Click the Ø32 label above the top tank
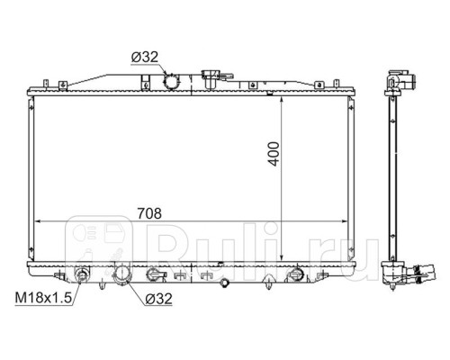click(145, 57)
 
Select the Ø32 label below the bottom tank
click(159, 299)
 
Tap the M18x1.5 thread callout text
click(43, 298)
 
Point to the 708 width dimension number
click(149, 213)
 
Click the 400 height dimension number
click(274, 154)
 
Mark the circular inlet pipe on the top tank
click(171, 81)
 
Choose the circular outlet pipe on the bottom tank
click(122, 274)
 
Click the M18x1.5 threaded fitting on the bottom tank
click(82, 275)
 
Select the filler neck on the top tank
click(211, 78)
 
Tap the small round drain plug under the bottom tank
click(224, 283)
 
